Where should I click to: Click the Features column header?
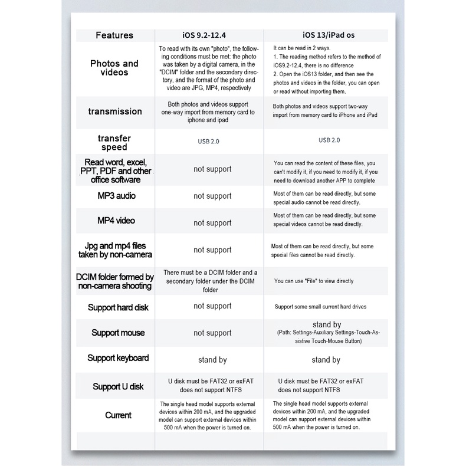coord(114,35)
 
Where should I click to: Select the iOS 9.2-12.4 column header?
coord(212,35)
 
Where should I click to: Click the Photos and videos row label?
coord(114,68)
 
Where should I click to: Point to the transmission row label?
coord(114,111)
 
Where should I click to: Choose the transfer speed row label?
coord(114,142)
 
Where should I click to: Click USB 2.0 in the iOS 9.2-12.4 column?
coord(212,142)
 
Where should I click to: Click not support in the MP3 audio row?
coord(212,196)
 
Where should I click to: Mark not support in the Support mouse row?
coord(212,333)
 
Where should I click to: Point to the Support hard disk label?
coord(118,307)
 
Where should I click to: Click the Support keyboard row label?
coord(118,358)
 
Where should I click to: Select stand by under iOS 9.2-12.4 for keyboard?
coord(212,360)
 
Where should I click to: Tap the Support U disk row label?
coord(118,387)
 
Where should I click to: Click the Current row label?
coord(118,415)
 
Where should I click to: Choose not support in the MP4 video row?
coord(212,223)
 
